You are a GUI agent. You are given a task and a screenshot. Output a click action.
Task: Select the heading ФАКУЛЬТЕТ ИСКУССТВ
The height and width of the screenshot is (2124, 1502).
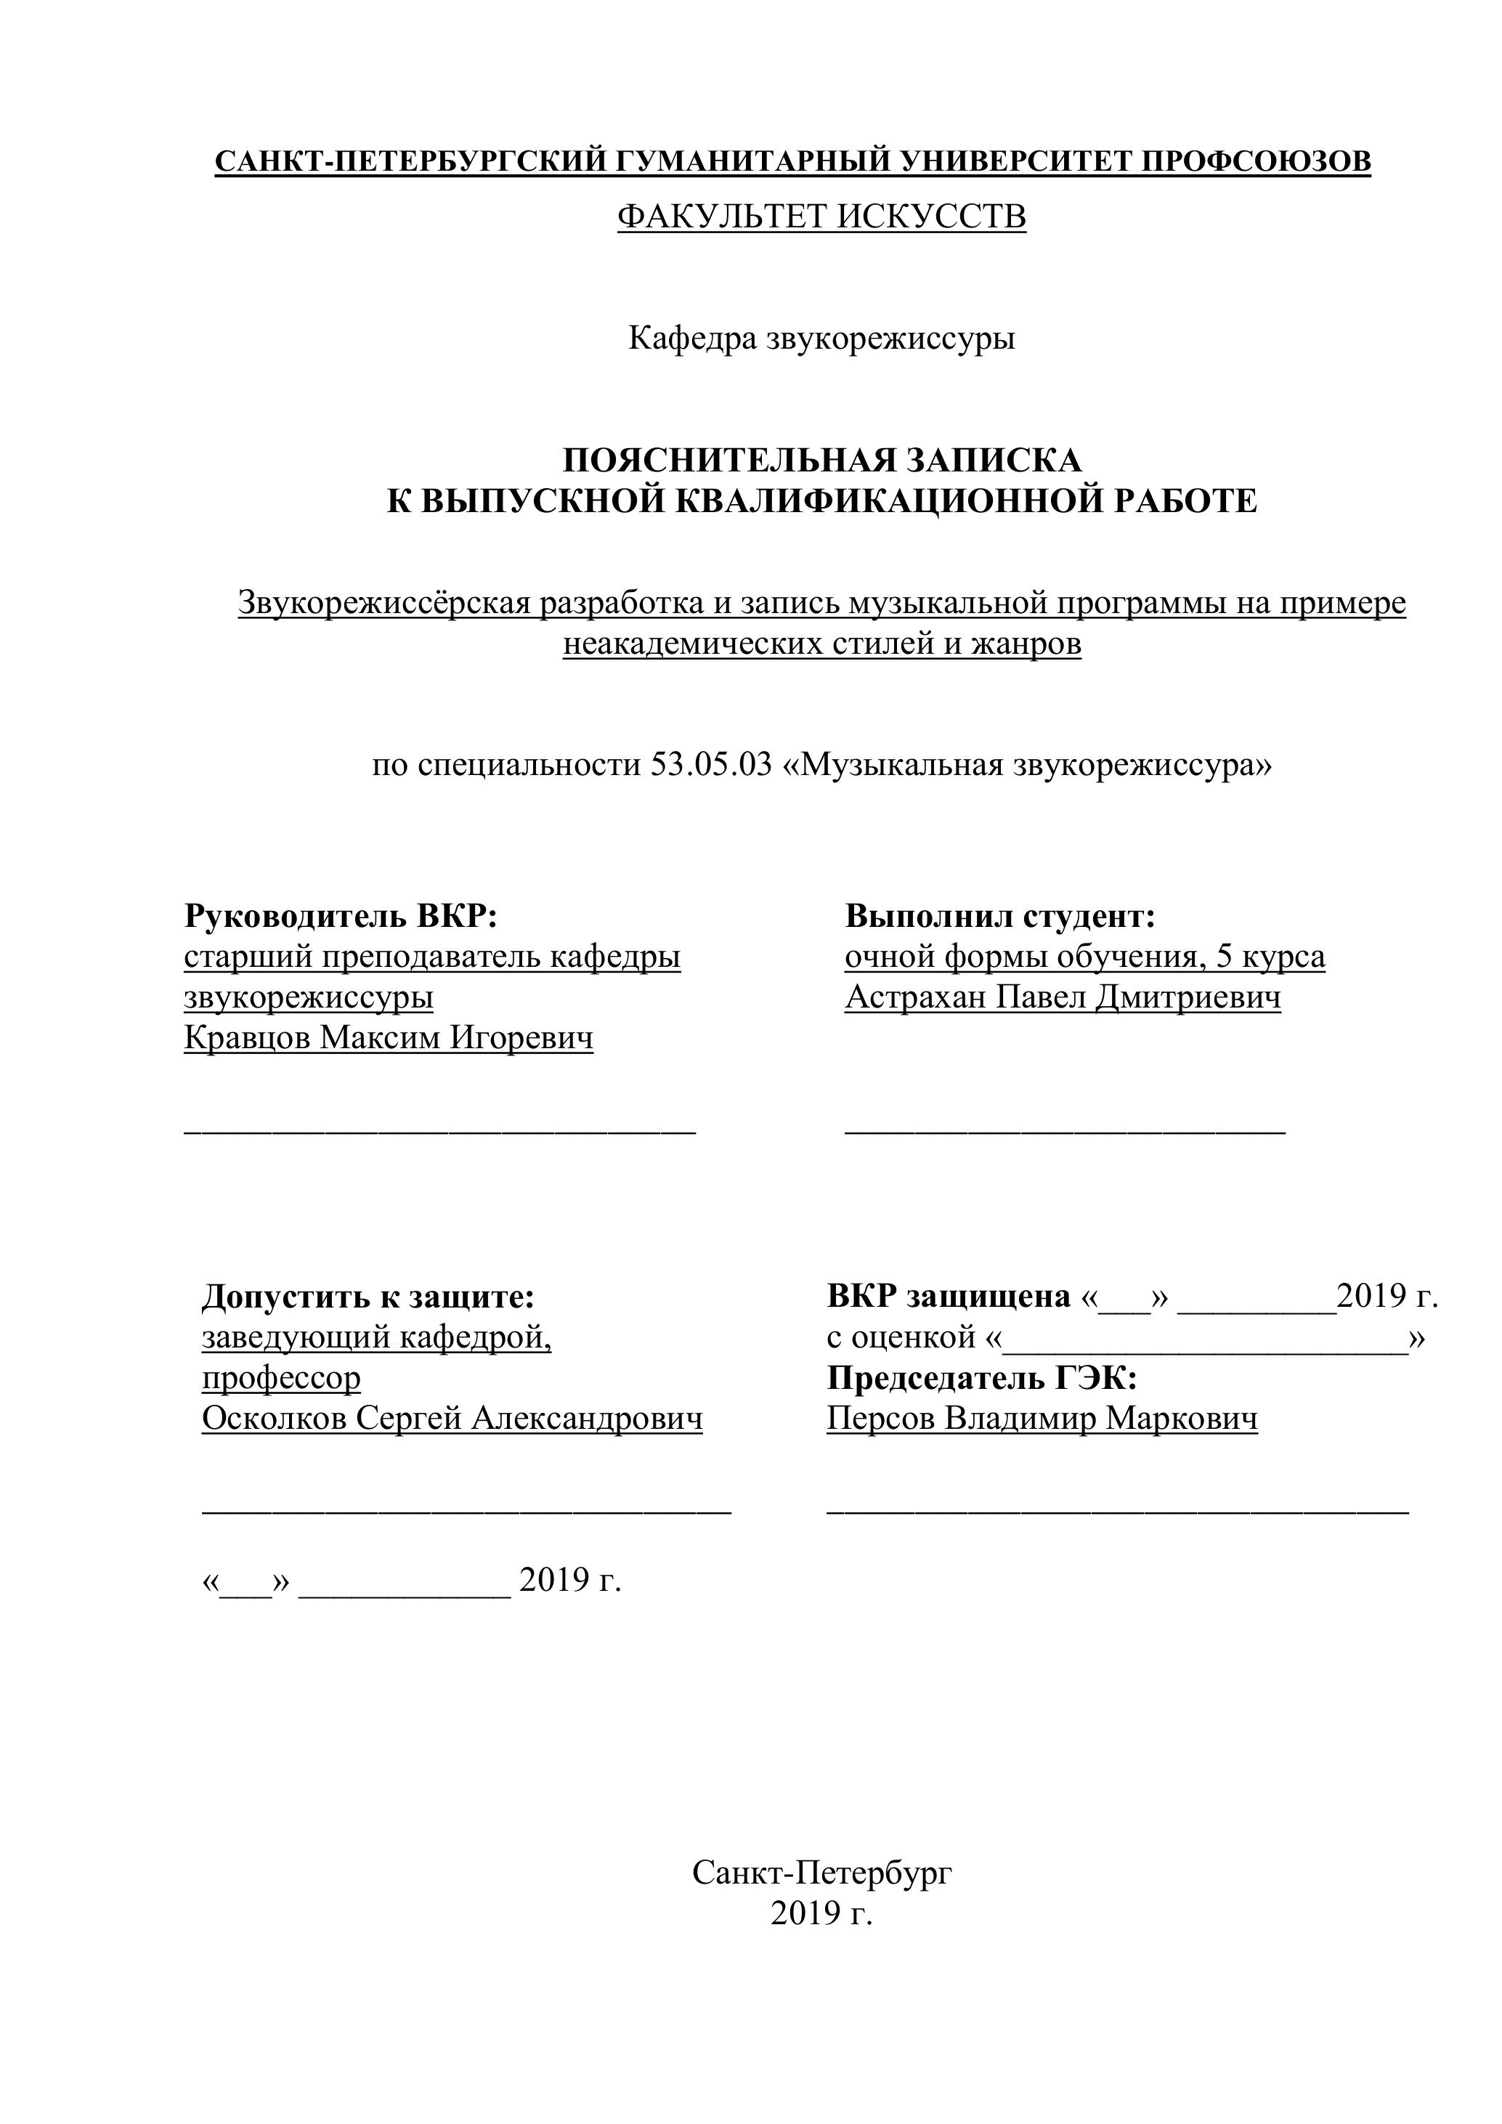click(821, 217)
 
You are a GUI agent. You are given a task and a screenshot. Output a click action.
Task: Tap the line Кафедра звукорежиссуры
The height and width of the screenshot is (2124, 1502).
click(821, 339)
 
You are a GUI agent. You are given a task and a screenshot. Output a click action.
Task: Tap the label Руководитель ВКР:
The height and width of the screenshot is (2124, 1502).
click(341, 916)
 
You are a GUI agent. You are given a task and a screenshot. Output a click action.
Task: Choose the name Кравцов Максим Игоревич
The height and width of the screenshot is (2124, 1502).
click(389, 1038)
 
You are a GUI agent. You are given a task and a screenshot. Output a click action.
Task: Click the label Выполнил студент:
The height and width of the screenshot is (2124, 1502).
click(1001, 916)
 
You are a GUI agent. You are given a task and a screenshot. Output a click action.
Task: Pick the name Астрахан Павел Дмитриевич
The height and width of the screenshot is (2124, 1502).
click(1063, 997)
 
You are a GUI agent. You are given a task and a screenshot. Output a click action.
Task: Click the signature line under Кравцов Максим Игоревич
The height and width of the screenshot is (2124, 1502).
click(439, 1130)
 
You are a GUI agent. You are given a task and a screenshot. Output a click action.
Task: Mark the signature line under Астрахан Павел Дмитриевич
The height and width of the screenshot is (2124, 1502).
click(1065, 1130)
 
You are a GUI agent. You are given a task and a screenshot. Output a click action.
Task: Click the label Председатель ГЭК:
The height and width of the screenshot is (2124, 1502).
click(981, 1379)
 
